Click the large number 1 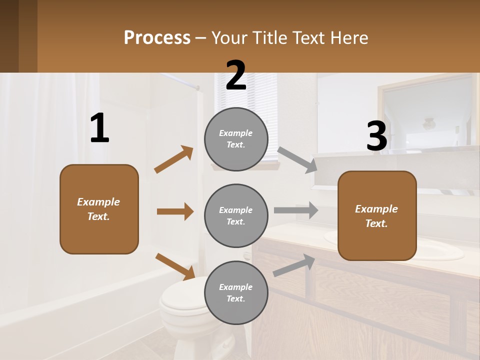(x=99, y=128)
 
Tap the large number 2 (x=236, y=75)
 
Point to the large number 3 (x=376, y=136)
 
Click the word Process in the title (x=157, y=37)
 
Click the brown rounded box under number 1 (x=99, y=209)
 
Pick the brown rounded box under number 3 (x=377, y=215)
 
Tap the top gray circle (x=236, y=139)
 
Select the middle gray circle (x=236, y=215)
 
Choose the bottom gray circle (x=236, y=292)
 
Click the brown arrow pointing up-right (x=174, y=159)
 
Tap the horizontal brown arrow (x=175, y=211)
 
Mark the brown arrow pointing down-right (x=175, y=265)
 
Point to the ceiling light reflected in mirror (x=428, y=123)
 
